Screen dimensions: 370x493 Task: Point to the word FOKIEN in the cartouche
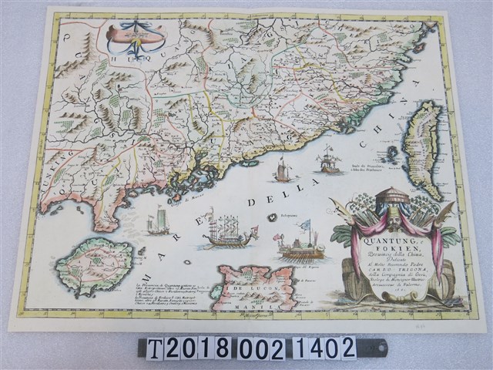pyautogui.click(x=379, y=249)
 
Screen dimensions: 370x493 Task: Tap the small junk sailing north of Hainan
pyautogui.click(x=158, y=224)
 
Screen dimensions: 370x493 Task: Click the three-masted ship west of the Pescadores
pyautogui.click(x=329, y=160)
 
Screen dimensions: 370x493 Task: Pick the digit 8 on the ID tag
pyautogui.click(x=221, y=348)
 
